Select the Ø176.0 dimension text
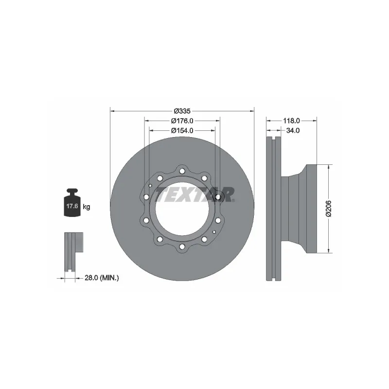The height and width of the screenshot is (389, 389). [182, 121]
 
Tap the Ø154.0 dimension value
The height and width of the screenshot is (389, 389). [182, 130]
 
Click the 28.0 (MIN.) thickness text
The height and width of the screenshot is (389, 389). [102, 278]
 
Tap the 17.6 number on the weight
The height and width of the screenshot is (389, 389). [72, 207]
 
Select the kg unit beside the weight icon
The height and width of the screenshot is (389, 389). [87, 207]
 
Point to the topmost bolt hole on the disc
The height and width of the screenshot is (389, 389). [182, 171]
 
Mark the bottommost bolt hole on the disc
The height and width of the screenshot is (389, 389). [182, 247]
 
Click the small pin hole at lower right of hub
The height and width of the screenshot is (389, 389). [213, 231]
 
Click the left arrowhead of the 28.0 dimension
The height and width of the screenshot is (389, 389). [64, 278]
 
